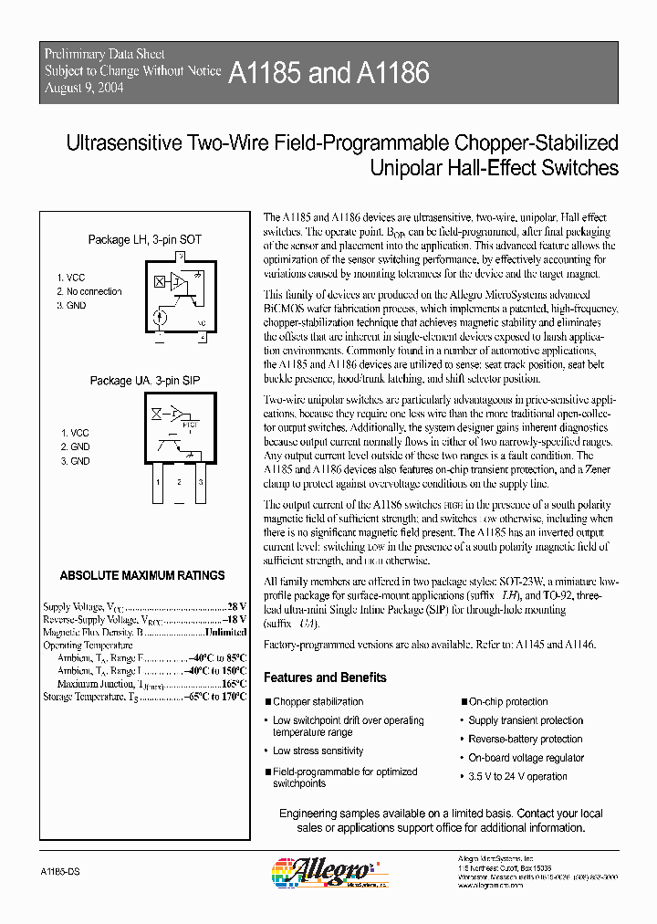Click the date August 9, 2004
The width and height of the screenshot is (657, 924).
click(x=84, y=88)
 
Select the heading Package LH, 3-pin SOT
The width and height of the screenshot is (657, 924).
click(x=144, y=239)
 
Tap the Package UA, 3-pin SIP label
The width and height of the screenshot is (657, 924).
click(x=144, y=380)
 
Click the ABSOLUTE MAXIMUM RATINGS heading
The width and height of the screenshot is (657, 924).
click(x=141, y=575)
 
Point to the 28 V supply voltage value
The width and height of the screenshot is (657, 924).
click(x=236, y=606)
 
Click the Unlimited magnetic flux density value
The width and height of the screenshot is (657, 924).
click(x=225, y=632)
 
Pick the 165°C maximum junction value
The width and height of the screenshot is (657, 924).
click(x=234, y=684)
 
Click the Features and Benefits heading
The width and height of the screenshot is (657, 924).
click(x=325, y=677)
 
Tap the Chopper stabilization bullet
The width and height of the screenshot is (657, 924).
click(x=318, y=702)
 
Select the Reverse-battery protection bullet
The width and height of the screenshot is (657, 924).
click(x=525, y=740)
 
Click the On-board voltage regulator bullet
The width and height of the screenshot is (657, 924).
click(x=527, y=758)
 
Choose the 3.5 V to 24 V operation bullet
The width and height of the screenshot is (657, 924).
click(x=517, y=777)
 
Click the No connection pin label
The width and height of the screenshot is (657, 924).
click(x=93, y=292)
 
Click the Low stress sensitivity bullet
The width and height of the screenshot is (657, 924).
click(x=318, y=751)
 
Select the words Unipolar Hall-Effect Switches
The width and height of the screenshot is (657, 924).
click(x=494, y=168)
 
